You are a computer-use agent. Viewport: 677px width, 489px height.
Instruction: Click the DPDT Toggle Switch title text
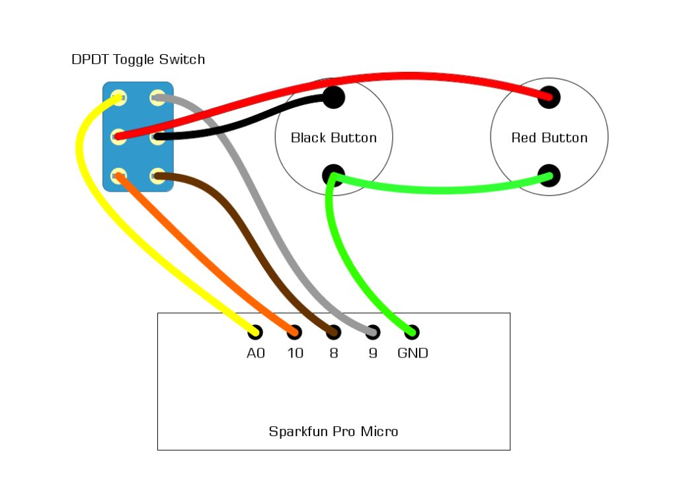tap(138, 59)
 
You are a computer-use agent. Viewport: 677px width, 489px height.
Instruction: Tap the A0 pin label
tap(256, 354)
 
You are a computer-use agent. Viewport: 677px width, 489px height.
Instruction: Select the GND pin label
tap(413, 354)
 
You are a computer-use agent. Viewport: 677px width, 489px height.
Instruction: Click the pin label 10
tap(295, 354)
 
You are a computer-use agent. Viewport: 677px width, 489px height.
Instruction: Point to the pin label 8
tap(334, 354)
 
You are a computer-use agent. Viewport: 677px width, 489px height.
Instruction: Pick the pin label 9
tap(373, 354)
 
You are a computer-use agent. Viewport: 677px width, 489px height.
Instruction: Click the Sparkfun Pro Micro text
tap(333, 432)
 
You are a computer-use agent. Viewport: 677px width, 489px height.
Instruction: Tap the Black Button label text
tap(334, 138)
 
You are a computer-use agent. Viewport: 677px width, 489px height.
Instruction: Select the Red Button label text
tap(549, 138)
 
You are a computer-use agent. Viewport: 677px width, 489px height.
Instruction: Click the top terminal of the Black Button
tap(334, 98)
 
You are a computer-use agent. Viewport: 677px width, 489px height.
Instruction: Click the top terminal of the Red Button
tap(549, 98)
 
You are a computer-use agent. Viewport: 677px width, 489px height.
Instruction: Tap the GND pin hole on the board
tap(412, 332)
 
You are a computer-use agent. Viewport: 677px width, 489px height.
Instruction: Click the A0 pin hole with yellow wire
tap(255, 332)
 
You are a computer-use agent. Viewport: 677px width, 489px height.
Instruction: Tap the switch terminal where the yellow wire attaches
tap(119, 98)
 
